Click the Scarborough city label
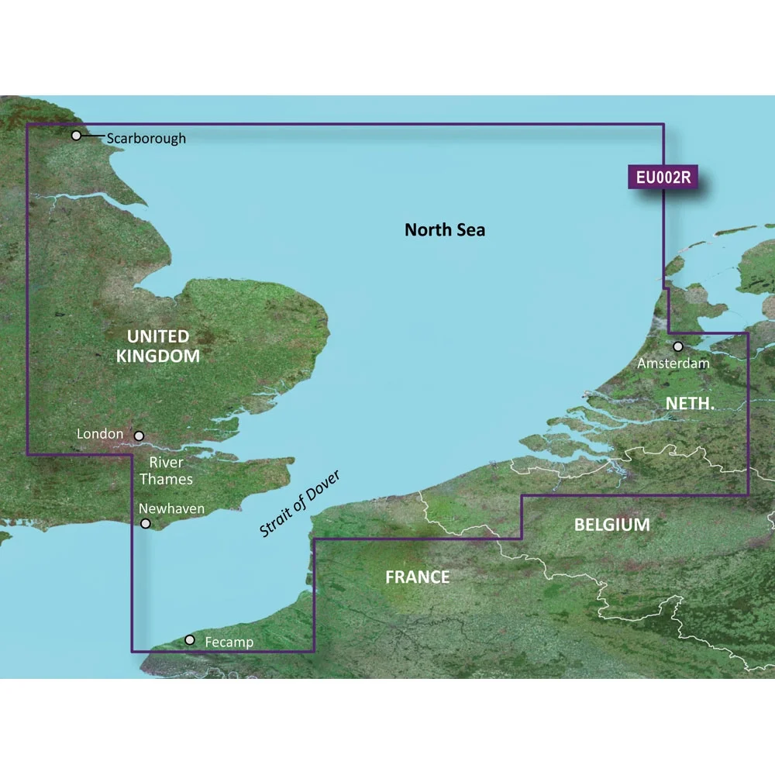tap(146, 139)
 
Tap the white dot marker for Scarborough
tap(76, 136)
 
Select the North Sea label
tap(445, 229)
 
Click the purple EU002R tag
tap(663, 177)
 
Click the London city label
tap(100, 434)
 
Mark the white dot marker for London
tap(139, 437)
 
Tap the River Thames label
tap(166, 471)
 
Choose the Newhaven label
tap(171, 508)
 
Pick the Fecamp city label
tap(229, 642)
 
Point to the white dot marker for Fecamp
tap(190, 640)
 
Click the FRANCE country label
tap(418, 577)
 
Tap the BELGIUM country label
tap(611, 525)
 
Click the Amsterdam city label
tap(673, 362)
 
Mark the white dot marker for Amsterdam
tap(678, 346)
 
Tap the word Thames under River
tap(166, 479)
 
